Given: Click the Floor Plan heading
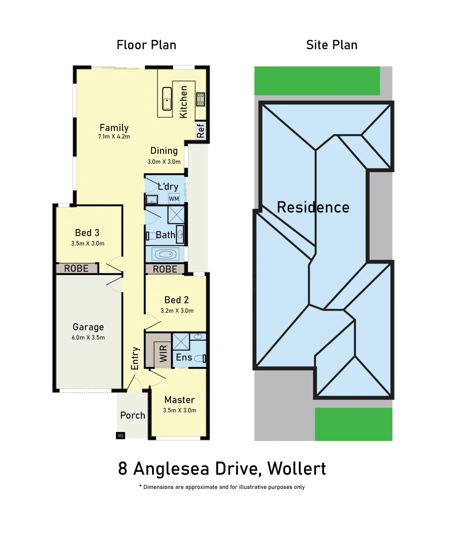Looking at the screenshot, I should pyautogui.click(x=146, y=45).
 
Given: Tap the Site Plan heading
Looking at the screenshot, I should pyautogui.click(x=331, y=45).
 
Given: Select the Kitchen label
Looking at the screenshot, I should pyautogui.click(x=183, y=102).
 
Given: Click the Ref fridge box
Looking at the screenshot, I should pyautogui.click(x=200, y=131).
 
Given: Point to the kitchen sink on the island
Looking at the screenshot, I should pyautogui.click(x=166, y=98).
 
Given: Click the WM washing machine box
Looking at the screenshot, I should pyautogui.click(x=173, y=198).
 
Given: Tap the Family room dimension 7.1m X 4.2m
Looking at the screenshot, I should pyautogui.click(x=114, y=136).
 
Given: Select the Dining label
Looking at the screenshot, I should pyautogui.click(x=164, y=150).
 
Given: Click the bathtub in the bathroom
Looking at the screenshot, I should pyautogui.click(x=165, y=254).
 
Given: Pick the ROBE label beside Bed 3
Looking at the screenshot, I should pyautogui.click(x=76, y=268).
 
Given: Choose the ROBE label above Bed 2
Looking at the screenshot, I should pyautogui.click(x=164, y=269).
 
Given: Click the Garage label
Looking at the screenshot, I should pyautogui.click(x=88, y=327).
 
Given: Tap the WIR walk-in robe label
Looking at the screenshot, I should pyautogui.click(x=163, y=351).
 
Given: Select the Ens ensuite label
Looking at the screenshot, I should pyautogui.click(x=184, y=357).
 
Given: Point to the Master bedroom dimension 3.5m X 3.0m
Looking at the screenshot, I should pyautogui.click(x=179, y=410).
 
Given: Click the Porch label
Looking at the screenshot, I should pyautogui.click(x=133, y=415).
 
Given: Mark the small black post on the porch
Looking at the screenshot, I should pyautogui.click(x=120, y=435).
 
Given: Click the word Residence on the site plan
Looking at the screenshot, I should pyautogui.click(x=313, y=207).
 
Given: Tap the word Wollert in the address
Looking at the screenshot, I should pyautogui.click(x=296, y=469).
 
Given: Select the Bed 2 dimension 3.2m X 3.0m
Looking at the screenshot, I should pyautogui.click(x=176, y=310).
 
